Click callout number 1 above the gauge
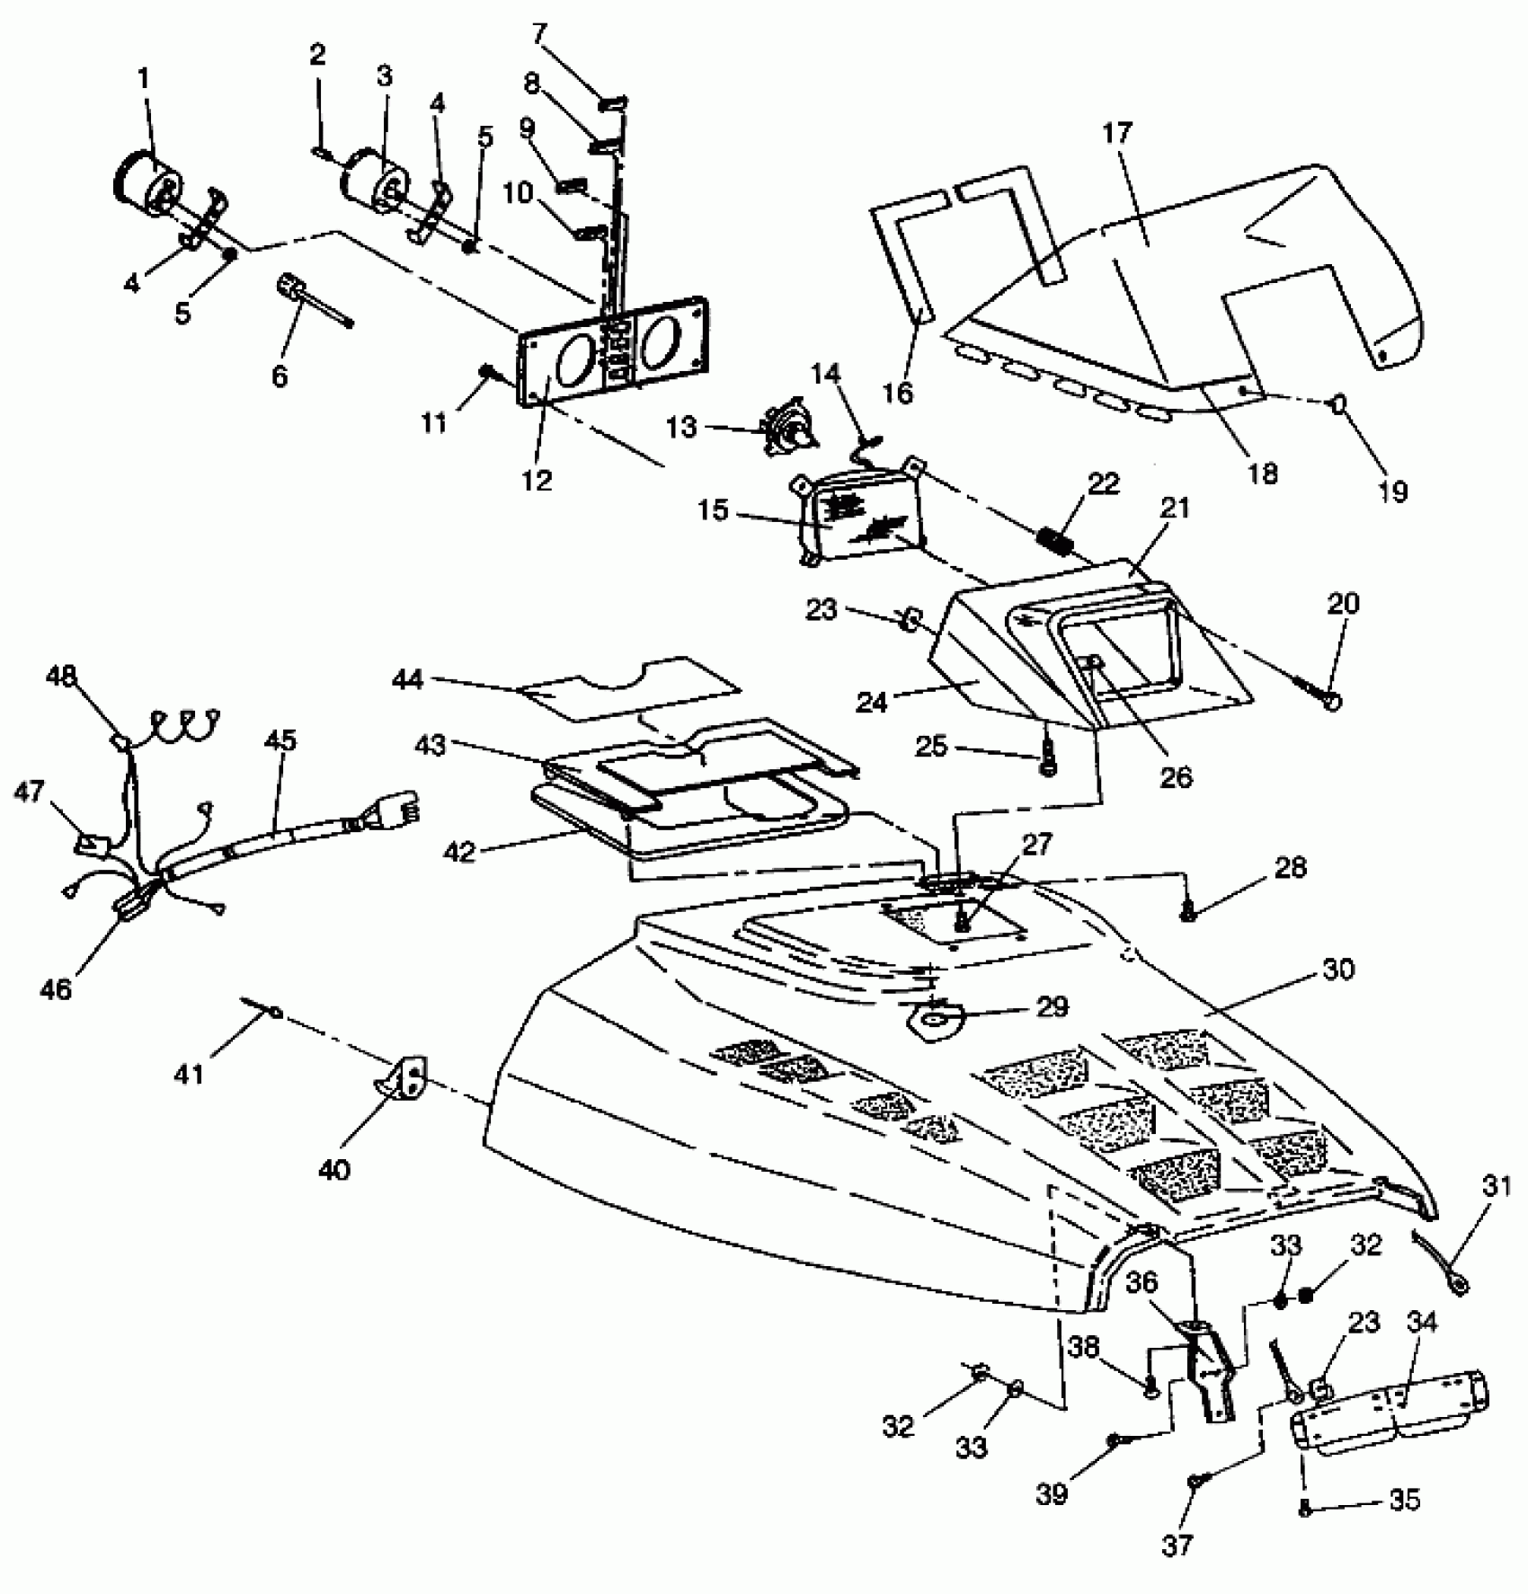tap(144, 80)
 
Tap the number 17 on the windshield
tap(1119, 134)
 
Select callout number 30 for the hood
tap(1338, 970)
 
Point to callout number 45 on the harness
tap(280, 741)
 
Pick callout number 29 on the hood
tap(1053, 1006)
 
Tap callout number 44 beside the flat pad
tap(408, 680)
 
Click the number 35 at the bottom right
tap(1405, 1500)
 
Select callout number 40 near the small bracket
tap(334, 1170)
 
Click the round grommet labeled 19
tap(1337, 404)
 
